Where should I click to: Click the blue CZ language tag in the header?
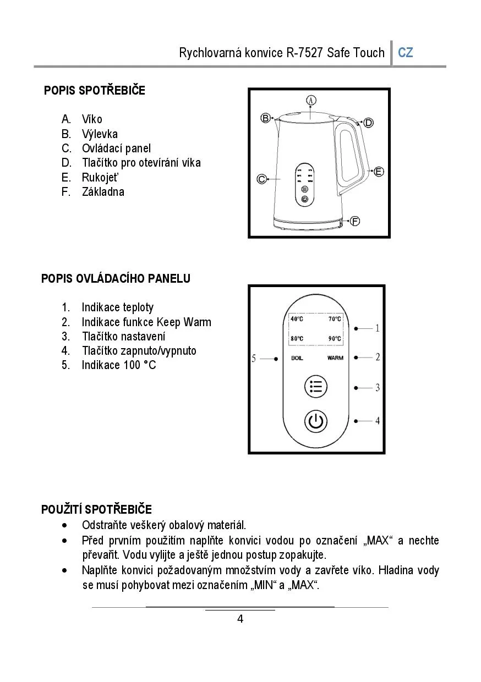point(406,53)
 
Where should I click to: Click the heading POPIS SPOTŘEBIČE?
point(95,91)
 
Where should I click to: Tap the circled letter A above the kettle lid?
point(311,100)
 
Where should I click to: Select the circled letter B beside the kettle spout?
point(265,118)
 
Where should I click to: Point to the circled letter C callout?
point(262,179)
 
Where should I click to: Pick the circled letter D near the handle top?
point(368,123)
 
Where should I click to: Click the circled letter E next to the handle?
point(379,172)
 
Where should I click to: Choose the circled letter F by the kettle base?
point(355,221)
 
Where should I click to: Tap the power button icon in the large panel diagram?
point(315,422)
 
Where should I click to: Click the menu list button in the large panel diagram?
point(315,387)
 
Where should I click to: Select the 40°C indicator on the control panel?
point(297,319)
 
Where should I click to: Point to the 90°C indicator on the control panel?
point(335,339)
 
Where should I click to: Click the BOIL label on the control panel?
point(297,358)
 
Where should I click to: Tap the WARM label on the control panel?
point(335,358)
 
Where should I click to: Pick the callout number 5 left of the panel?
point(254,359)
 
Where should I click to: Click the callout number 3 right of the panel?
point(378,388)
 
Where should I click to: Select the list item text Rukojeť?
point(100,177)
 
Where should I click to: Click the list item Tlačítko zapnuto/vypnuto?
point(139,351)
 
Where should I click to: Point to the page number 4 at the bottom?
point(240,619)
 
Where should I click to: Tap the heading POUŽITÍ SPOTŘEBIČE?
point(96,509)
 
